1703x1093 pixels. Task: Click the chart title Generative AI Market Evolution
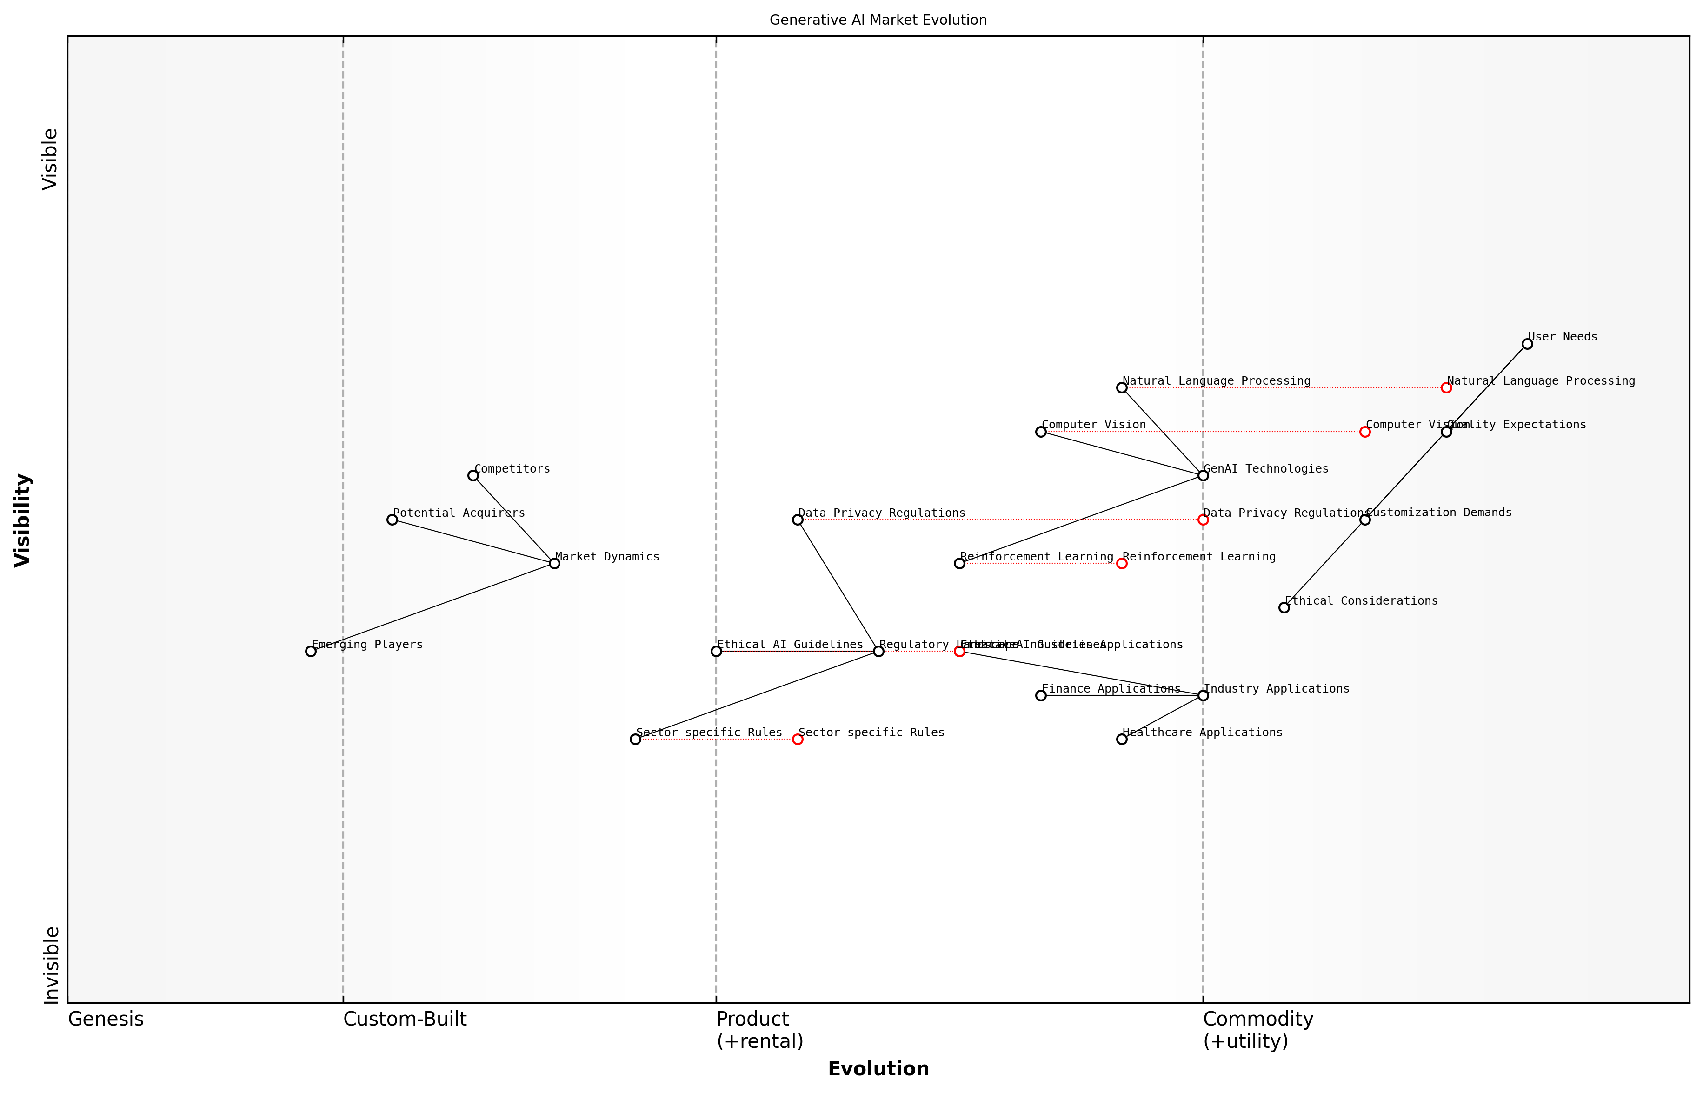[x=878, y=20]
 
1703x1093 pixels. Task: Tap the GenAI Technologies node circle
[x=1203, y=475]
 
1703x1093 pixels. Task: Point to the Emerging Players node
[x=311, y=651]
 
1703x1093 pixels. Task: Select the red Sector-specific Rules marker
[x=798, y=739]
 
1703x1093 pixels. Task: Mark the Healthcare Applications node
[x=1122, y=739]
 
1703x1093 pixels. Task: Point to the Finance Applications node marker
[x=1041, y=695]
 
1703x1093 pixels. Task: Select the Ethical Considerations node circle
[x=1284, y=607]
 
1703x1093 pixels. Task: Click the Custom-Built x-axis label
[x=405, y=1019]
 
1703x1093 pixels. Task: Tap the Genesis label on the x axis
[x=106, y=1019]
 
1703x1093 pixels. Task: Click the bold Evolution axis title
[x=878, y=1069]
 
